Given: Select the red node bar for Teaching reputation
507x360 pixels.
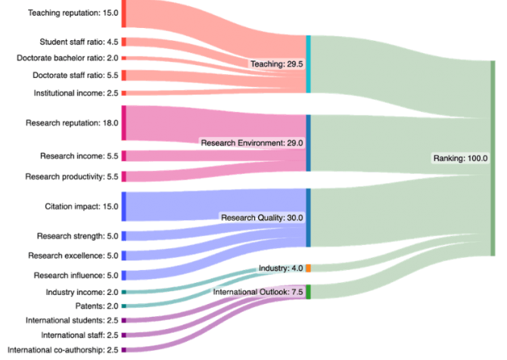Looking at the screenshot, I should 123,14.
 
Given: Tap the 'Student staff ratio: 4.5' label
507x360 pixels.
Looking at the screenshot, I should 79,42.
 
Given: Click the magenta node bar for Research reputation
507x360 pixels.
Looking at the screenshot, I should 123,123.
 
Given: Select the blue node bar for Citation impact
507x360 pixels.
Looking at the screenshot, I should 123,206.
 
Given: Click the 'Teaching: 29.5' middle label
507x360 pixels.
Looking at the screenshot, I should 277,64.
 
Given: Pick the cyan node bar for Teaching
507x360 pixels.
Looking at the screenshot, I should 308,64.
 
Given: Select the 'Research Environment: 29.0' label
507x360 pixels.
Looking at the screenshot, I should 252,142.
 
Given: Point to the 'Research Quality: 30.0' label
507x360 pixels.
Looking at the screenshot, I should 262,217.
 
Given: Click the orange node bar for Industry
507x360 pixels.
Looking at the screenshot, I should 308,268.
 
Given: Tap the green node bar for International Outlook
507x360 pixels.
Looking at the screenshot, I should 308,292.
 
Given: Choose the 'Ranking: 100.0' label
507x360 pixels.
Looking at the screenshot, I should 460,159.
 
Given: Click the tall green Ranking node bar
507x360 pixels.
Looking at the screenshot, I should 493,159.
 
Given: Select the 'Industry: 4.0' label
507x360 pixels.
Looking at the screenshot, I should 281,268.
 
